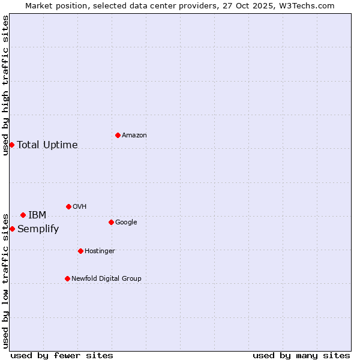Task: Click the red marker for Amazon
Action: pos(118,135)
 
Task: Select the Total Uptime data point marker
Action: pos(11,145)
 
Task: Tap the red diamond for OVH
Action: pos(68,206)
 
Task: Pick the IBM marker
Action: pos(23,215)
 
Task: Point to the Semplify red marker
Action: pos(12,229)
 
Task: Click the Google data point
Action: pos(111,222)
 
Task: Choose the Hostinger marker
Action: pos(80,251)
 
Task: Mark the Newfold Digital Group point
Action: pos(67,278)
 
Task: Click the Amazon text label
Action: pos(134,136)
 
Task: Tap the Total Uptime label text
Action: pos(47,145)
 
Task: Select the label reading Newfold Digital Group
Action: pos(106,278)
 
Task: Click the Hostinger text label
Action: pos(100,251)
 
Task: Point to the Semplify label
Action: pos(38,229)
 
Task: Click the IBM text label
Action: pos(37,215)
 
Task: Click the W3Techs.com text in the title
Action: pos(308,5)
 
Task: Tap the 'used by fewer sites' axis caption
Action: pos(62,355)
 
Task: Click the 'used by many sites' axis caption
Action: pos(301,355)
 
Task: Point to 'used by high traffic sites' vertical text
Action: pos(5,85)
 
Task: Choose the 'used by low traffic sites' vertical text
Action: pos(5,280)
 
